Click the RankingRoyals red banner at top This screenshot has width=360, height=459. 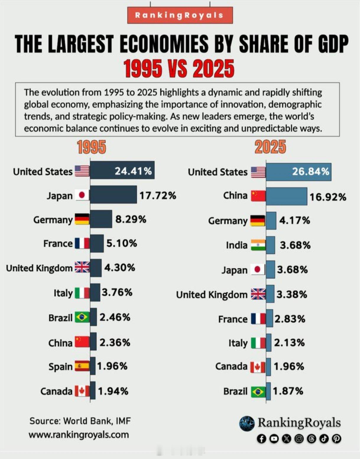180,15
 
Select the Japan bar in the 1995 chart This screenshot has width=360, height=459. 113,195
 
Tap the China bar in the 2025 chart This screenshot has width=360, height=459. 286,196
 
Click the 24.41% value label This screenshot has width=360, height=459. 133,171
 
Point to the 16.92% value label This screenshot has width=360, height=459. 328,197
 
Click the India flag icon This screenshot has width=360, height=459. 258,245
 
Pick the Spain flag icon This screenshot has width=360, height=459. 82,366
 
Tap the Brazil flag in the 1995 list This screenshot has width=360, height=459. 82,317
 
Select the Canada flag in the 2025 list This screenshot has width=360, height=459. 258,367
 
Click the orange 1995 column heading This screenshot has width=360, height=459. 91,147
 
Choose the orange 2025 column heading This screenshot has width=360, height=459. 270,147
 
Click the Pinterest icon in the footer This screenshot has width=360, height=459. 336,439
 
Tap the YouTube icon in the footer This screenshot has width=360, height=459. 274,439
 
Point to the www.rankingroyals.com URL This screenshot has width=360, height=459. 79,435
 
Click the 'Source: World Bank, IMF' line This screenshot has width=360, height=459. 80,421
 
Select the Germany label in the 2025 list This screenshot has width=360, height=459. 228,221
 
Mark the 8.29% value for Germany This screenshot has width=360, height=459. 131,219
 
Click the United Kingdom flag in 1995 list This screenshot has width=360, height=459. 82,267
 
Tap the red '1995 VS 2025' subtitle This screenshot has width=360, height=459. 179,69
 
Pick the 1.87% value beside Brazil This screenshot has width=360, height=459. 288,391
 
